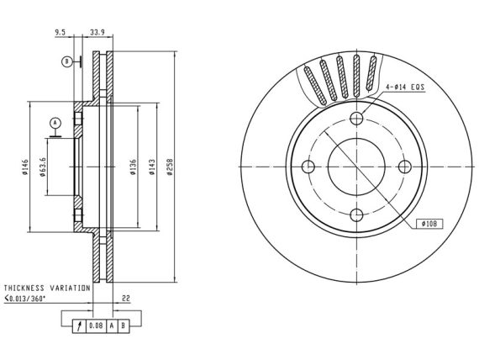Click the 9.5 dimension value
[60, 32]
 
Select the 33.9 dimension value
[97, 32]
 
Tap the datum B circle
[66, 61]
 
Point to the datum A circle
[55, 123]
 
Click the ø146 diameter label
[24, 167]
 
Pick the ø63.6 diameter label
[42, 167]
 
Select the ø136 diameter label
[133, 167]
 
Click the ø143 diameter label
[152, 167]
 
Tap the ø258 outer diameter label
[170, 167]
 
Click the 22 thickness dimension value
[126, 299]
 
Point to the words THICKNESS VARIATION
[47, 289]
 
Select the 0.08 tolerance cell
[97, 326]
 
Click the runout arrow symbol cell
[80, 326]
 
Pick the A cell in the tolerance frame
[112, 326]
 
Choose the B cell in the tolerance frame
[123, 326]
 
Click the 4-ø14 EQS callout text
[405, 87]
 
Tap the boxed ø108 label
[429, 224]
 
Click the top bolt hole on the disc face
[356, 118]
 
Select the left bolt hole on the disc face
[308, 167]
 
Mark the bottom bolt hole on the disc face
[356, 215]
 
